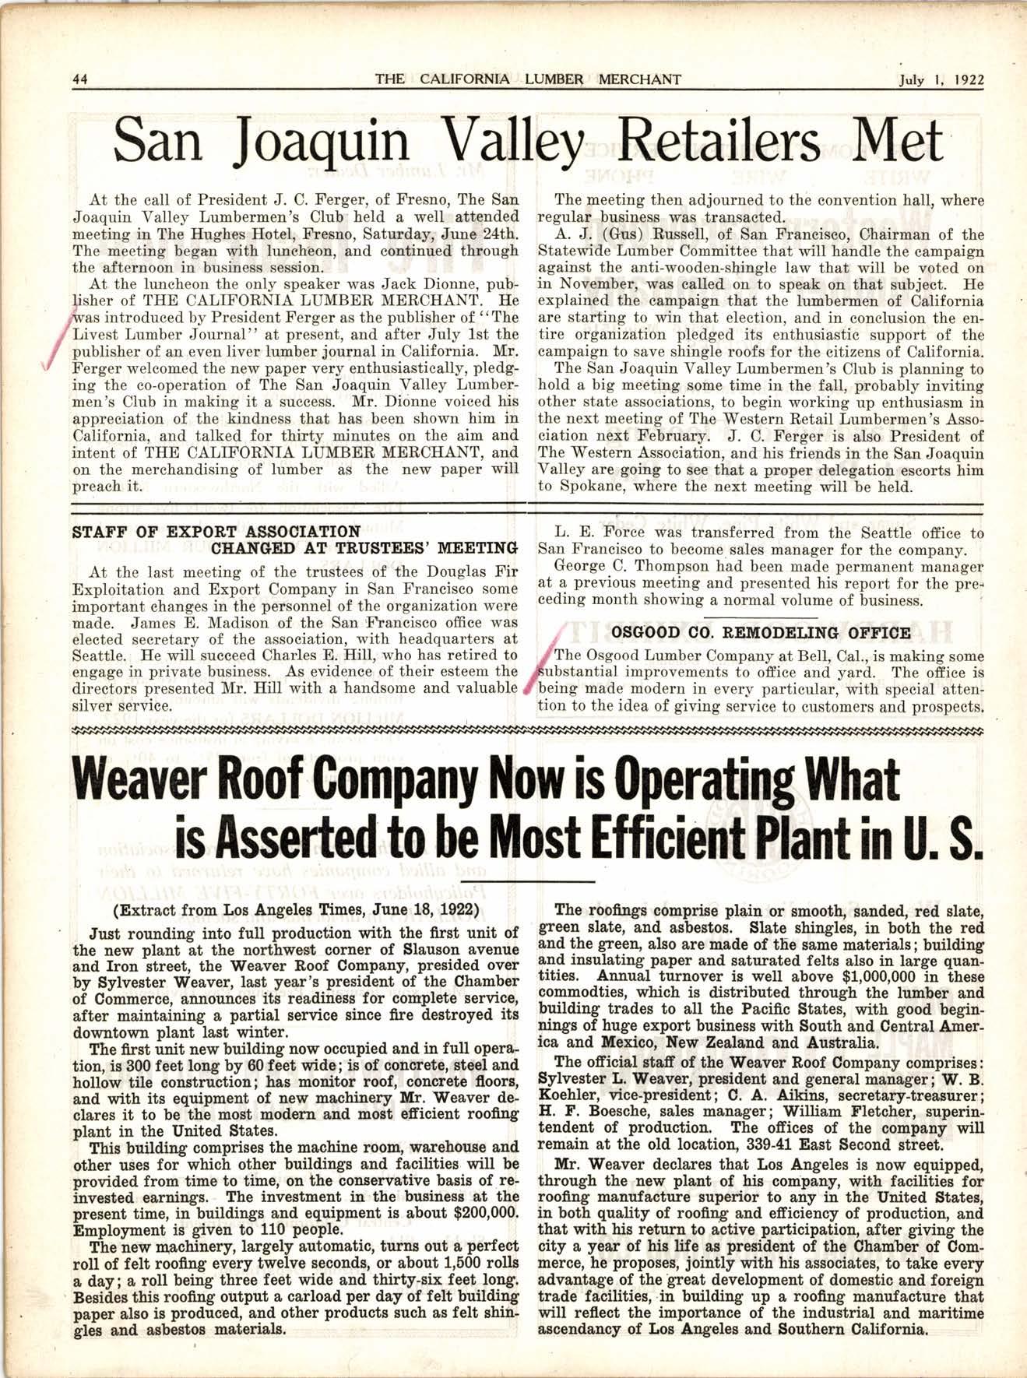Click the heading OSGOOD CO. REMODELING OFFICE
pos(761,633)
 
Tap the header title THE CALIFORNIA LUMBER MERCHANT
pos(527,79)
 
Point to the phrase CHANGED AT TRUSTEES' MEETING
pos(365,548)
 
